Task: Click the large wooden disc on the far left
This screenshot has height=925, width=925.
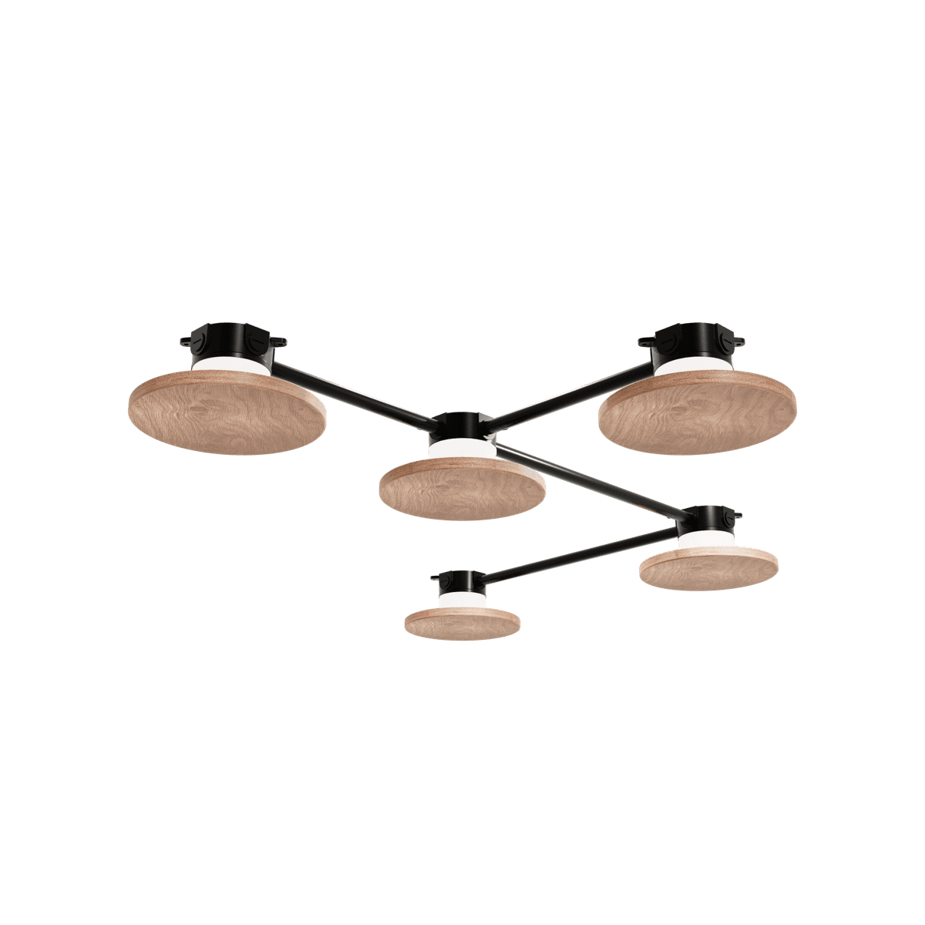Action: [x=228, y=409]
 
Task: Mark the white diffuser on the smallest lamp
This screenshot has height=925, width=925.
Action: [x=460, y=598]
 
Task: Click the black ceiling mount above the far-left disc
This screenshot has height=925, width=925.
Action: [x=231, y=339]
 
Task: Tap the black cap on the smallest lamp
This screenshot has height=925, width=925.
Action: [x=459, y=580]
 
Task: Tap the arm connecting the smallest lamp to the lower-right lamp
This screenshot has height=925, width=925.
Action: [x=578, y=551]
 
